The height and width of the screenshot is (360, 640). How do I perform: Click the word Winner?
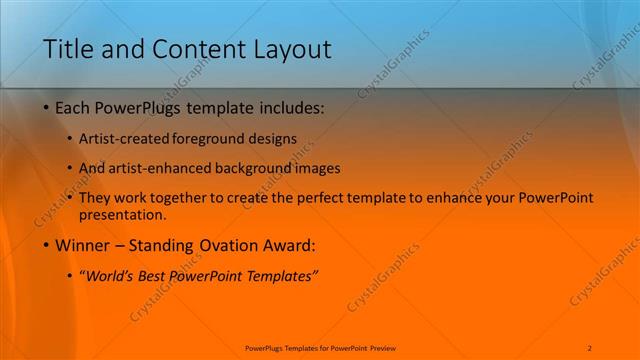(83, 245)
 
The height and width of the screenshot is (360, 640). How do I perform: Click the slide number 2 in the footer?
(590, 348)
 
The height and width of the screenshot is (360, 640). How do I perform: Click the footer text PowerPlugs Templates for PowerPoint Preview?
(320, 348)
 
